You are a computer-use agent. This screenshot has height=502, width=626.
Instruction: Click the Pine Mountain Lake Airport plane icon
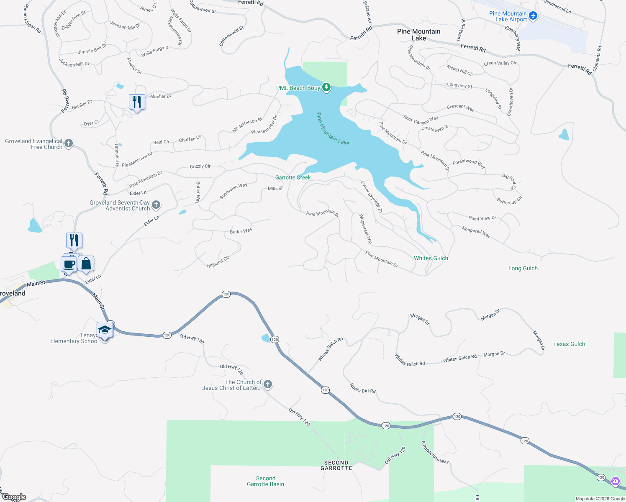[x=533, y=16]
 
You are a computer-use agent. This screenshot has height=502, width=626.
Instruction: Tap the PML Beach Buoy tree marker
[x=326, y=88]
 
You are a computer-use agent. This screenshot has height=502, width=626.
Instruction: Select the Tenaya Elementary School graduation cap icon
[x=104, y=330]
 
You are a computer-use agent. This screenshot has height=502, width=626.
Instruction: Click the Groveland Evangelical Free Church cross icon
[x=69, y=144]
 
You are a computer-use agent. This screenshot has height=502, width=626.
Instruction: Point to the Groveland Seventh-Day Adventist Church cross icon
[x=156, y=205]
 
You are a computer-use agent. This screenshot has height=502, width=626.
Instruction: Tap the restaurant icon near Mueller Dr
[x=137, y=102]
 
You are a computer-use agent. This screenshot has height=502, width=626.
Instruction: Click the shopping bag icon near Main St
[x=86, y=264]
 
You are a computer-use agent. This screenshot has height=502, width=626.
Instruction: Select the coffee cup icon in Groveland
[x=69, y=264]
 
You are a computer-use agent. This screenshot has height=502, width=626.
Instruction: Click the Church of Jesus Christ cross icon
[x=268, y=384]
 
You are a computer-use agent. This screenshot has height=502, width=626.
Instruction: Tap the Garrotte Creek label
[x=293, y=177]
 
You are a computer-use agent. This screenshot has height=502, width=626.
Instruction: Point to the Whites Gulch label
[x=431, y=258]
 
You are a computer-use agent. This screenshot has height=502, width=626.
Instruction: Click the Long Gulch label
[x=523, y=268]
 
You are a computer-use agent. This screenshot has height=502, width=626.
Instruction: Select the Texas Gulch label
[x=569, y=344]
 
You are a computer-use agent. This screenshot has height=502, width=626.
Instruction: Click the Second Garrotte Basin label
[x=265, y=481]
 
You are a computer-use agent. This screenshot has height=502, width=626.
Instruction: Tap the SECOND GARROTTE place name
[x=336, y=465]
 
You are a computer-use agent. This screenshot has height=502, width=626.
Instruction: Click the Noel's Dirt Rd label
[x=362, y=389]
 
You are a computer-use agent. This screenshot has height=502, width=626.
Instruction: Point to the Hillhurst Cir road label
[x=218, y=262]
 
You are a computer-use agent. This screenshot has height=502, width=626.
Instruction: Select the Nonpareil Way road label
[x=476, y=232]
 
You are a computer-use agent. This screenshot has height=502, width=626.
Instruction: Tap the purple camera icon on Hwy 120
[x=615, y=481]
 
